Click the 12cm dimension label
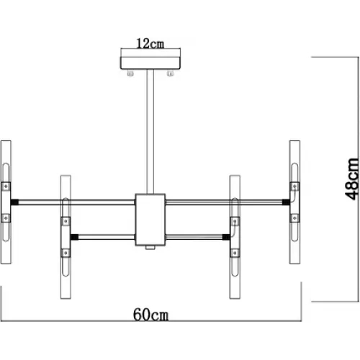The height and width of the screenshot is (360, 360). (150, 44)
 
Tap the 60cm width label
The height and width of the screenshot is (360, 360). (150, 315)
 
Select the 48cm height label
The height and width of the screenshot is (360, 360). (352, 179)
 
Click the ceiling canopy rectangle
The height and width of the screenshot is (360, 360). (150, 63)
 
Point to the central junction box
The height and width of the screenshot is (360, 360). (150, 220)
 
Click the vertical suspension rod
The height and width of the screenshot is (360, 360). (150, 132)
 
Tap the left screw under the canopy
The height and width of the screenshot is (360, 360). (130, 73)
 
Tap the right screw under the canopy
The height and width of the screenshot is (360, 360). (170, 73)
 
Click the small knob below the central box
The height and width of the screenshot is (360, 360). (150, 248)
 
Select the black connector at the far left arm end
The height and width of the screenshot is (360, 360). (14, 202)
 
